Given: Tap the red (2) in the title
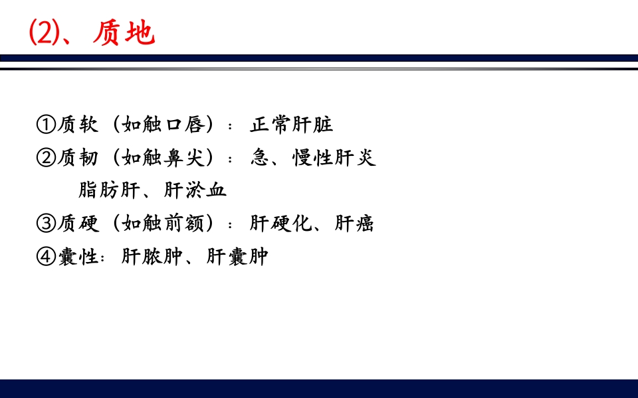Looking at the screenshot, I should [x=45, y=33].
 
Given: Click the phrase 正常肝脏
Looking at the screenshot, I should [x=291, y=125].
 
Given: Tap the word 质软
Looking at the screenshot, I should [x=78, y=125].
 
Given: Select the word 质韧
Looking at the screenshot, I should [x=78, y=158].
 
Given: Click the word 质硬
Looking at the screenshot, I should [x=78, y=224].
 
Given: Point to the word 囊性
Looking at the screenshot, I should [x=78, y=257].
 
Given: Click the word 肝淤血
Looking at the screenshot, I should [x=195, y=190].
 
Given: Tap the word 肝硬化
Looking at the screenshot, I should [x=280, y=224].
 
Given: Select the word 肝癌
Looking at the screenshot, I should [x=354, y=224].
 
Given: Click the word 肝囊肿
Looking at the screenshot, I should [x=237, y=257].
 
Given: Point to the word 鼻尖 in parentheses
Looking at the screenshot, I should [x=186, y=158].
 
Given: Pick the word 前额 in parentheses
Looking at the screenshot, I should [x=186, y=224].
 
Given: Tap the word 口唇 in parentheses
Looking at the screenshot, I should [x=186, y=125].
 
